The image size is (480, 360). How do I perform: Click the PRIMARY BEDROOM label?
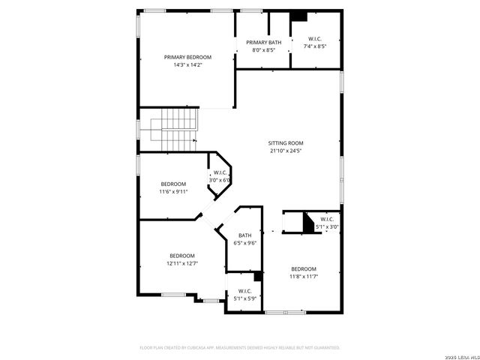pos(187,57)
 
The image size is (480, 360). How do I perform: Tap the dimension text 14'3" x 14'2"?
pos(187,65)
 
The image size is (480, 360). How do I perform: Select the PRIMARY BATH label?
pos(263,42)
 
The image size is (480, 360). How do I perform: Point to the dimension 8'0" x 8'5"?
pos(263,50)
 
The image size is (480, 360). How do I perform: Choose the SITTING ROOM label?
pos(286,142)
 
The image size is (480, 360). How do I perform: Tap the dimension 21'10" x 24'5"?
pos(286,151)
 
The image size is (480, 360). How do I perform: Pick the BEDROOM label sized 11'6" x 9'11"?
pos(173,184)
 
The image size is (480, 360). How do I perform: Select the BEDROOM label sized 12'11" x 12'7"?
pos(181,255)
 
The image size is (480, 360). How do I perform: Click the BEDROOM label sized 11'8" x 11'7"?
pos(304,268)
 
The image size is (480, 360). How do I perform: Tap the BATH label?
pos(245,235)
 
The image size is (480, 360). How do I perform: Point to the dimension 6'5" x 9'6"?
pos(245,243)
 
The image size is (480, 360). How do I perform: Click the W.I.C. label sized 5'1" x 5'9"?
pos(245,290)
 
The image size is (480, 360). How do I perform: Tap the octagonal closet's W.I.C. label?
pos(220,173)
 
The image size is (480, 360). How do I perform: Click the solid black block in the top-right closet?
pos(298,16)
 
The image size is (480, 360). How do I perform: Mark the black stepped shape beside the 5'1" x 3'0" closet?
pos(307,223)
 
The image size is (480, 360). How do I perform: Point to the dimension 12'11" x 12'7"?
pos(181,263)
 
